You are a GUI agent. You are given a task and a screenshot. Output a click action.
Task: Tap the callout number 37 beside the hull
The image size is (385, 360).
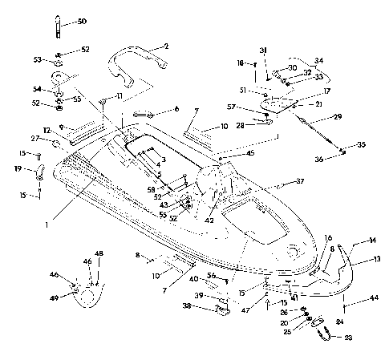[x=300, y=182]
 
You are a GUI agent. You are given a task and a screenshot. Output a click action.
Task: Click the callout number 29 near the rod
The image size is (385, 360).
[x=338, y=117]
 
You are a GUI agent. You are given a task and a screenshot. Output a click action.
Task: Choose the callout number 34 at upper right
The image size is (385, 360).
[x=176, y=108]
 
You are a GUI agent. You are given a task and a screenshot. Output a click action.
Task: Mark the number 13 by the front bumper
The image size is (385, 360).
[x=377, y=259]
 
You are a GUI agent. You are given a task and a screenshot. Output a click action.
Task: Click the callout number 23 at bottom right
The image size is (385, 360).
[x=347, y=339]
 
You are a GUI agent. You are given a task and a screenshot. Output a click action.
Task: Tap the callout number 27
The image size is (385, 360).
[x=35, y=138]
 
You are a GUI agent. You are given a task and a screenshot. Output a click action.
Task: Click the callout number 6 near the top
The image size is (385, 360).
[x=176, y=108]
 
